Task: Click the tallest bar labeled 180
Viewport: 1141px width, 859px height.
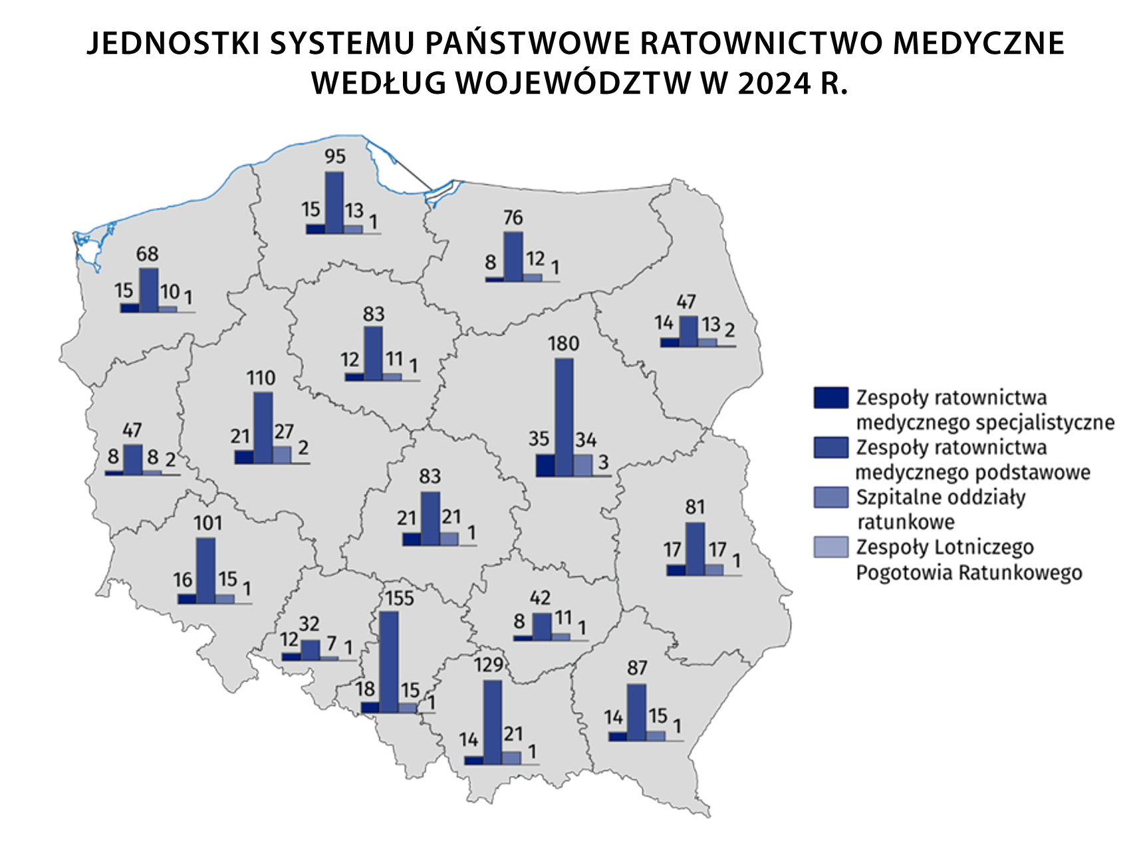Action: pos(564,418)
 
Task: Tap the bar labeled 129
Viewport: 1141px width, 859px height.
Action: pos(492,723)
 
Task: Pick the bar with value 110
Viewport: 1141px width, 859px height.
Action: pos(263,428)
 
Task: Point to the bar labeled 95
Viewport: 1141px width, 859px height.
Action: pos(334,202)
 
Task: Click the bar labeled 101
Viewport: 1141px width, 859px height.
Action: pos(206,570)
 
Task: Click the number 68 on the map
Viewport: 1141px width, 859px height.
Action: pos(147,254)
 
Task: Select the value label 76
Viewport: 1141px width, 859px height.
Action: pos(513,217)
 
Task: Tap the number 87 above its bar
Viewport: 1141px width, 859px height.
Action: pos(637,668)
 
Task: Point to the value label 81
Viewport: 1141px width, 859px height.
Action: pos(695,507)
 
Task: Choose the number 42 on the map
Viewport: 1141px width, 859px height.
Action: pos(540,598)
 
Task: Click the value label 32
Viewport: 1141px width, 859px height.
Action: pos(309,624)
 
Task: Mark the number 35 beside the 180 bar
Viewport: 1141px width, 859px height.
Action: pos(539,439)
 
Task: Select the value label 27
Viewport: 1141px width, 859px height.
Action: pos(284,431)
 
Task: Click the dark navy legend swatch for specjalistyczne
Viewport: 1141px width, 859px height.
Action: pos(830,398)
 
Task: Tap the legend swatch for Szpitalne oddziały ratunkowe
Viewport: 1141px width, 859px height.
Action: pos(830,497)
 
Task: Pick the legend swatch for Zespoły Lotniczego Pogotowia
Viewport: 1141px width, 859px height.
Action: pos(830,547)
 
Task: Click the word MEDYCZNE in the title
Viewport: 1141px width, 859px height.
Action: pos(979,43)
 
